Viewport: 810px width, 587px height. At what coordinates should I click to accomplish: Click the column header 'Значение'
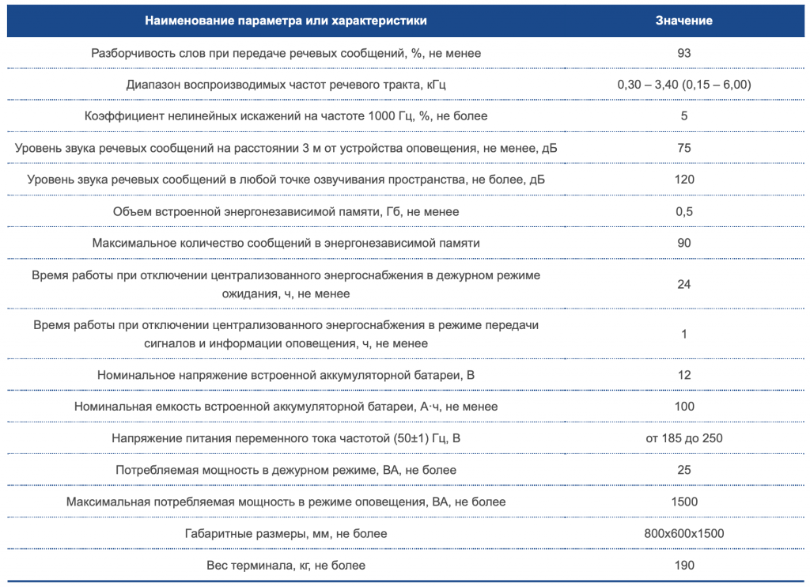tap(683, 21)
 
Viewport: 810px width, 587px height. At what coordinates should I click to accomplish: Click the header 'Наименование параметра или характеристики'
tap(286, 21)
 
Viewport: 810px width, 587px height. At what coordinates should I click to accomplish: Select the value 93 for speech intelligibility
tap(684, 53)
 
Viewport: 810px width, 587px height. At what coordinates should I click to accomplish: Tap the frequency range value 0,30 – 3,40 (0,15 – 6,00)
tap(684, 85)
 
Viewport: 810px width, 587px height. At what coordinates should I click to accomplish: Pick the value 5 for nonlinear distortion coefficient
tap(684, 116)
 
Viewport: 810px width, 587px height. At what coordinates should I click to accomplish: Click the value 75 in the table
tap(684, 148)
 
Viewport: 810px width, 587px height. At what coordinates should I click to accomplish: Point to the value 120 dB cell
tap(684, 180)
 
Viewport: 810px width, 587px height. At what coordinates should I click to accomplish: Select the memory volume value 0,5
tap(684, 212)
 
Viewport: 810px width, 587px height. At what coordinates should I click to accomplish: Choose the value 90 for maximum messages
tap(684, 243)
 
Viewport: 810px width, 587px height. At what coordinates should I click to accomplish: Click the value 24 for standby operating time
tap(684, 284)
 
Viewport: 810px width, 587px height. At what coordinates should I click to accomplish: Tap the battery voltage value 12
tap(684, 375)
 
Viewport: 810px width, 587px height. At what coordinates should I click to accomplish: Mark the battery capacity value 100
tap(684, 407)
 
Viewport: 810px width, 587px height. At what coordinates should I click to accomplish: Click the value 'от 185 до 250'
tap(684, 438)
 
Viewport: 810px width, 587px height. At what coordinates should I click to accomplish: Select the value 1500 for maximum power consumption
tap(684, 502)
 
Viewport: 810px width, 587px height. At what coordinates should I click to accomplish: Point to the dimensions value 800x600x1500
tap(684, 534)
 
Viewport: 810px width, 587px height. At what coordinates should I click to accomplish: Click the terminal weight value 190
tap(684, 566)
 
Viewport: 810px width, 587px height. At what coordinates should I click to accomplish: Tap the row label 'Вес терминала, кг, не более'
tap(286, 566)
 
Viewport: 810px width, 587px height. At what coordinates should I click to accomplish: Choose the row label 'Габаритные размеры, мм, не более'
tap(286, 534)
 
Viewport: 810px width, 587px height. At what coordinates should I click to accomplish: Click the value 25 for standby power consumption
tap(684, 470)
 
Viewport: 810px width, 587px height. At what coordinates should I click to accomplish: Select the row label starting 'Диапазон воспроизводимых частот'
tap(286, 85)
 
